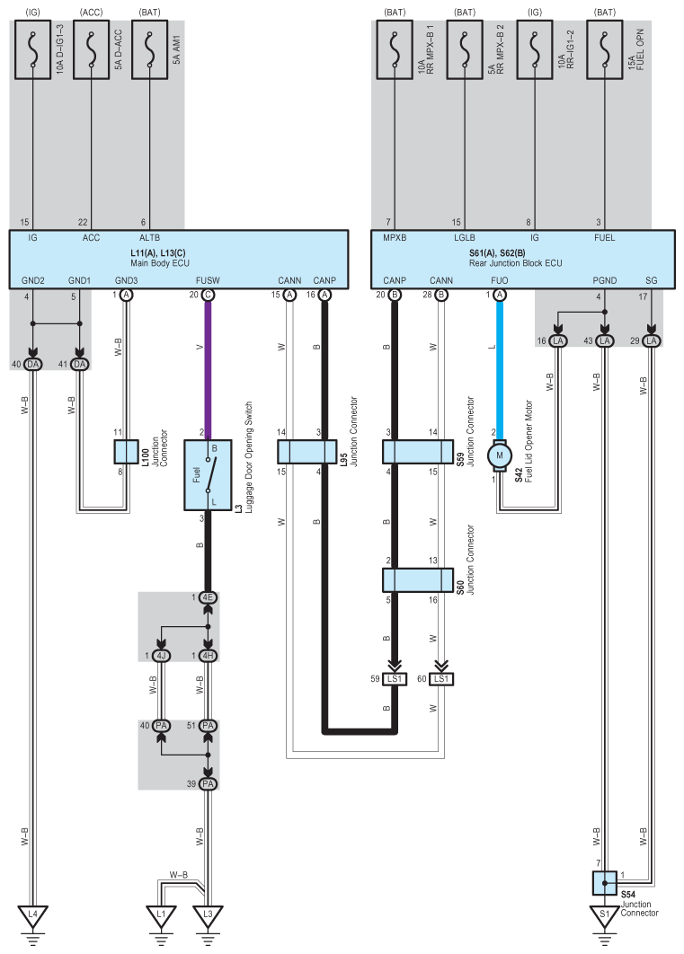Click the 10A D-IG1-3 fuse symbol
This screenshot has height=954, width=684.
tap(32, 50)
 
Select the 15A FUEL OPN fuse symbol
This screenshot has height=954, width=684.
tap(604, 50)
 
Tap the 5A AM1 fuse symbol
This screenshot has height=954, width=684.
tap(150, 50)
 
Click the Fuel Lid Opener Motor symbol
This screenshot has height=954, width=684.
tap(500, 456)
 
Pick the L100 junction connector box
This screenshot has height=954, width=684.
tap(127, 452)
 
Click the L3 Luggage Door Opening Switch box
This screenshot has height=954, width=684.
tap(208, 475)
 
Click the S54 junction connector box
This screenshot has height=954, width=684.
tap(604, 883)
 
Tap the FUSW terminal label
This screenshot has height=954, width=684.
tap(208, 280)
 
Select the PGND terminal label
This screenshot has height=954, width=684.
tap(604, 280)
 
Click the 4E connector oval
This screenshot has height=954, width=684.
tap(208, 597)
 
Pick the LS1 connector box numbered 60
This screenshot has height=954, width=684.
tap(441, 679)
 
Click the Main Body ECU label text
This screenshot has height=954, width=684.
tap(160, 263)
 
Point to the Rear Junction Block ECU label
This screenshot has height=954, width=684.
tap(515, 263)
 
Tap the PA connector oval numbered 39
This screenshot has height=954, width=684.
tap(208, 783)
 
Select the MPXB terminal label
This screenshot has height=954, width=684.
tap(395, 238)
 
